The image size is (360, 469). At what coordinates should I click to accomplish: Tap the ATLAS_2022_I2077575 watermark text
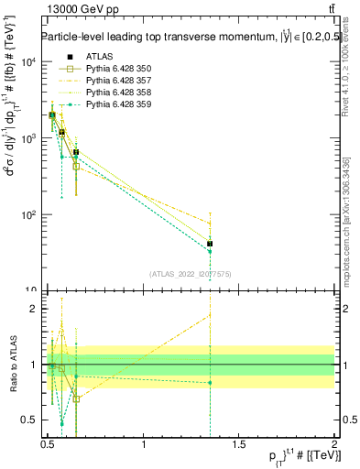[x=191, y=273]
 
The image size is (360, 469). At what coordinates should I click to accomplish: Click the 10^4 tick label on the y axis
[x=27, y=61]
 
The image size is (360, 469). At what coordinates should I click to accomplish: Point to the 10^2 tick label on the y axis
[x=27, y=215]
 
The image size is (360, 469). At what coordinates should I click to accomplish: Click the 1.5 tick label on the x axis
[x=239, y=443]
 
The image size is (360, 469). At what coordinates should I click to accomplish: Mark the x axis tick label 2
[x=334, y=443]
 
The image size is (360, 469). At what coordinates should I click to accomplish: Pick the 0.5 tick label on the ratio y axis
[x=29, y=420]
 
